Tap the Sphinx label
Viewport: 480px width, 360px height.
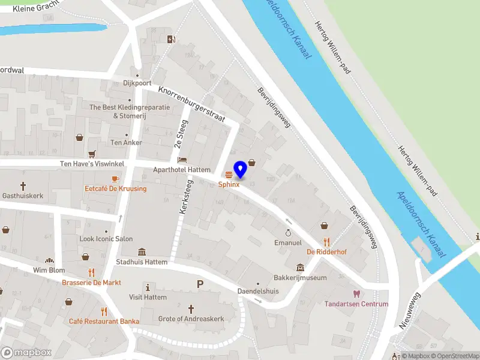(229, 184)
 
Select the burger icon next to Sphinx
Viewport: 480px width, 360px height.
(229, 175)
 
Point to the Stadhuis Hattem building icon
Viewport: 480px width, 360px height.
(142, 252)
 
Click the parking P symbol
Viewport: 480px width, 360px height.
(200, 284)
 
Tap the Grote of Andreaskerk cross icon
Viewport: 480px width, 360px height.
(191, 308)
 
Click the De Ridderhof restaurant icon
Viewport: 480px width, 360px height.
(326, 242)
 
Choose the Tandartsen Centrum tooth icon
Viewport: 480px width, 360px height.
(356, 294)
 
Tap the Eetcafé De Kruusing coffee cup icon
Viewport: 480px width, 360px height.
(115, 179)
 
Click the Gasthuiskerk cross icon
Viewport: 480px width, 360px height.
(23, 186)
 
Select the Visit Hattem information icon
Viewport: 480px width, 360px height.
(148, 287)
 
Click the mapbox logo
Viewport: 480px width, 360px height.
(27, 353)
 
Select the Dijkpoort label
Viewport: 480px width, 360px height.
(137, 83)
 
